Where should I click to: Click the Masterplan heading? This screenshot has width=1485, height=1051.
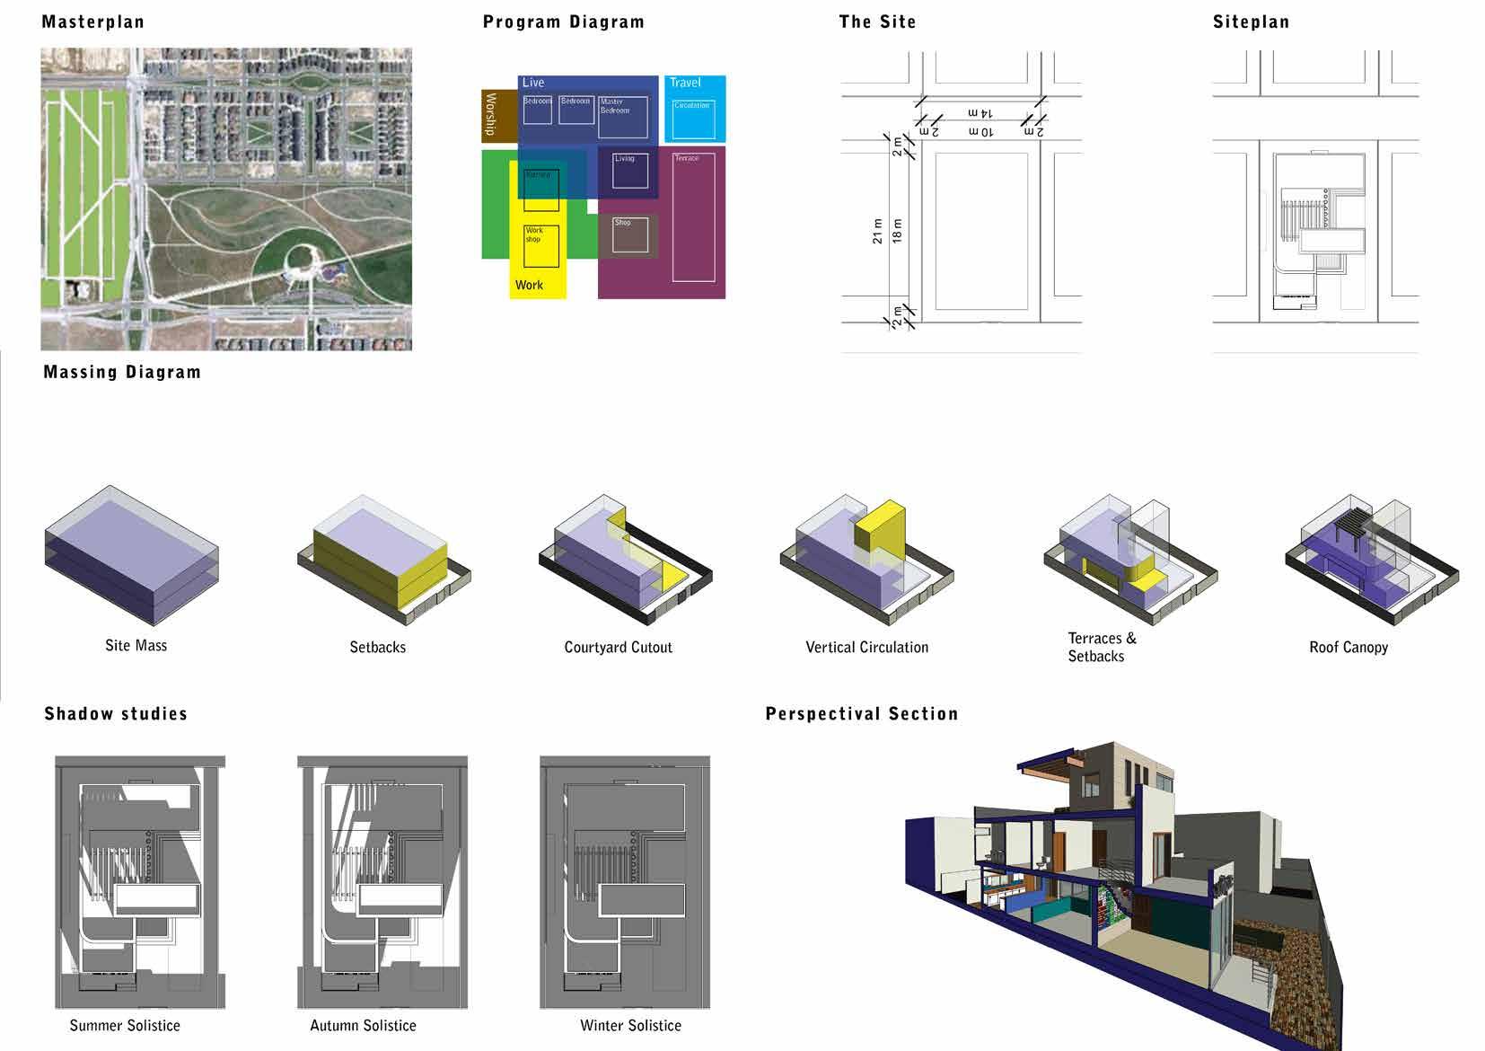click(x=92, y=22)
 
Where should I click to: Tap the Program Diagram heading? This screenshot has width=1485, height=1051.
click(x=563, y=22)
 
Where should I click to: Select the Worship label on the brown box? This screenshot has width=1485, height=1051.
click(x=490, y=114)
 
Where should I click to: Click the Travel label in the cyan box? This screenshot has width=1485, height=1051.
click(x=685, y=83)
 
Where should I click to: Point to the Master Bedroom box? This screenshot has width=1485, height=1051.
click(x=622, y=117)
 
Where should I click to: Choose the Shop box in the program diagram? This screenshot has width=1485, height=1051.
click(x=629, y=234)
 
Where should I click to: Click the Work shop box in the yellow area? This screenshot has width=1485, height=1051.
click(x=541, y=245)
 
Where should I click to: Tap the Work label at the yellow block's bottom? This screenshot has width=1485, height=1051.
click(x=529, y=286)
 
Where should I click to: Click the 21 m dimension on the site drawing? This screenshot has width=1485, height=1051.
click(x=877, y=232)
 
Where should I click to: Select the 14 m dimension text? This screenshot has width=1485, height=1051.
click(x=980, y=113)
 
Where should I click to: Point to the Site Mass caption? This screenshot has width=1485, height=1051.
click(x=136, y=646)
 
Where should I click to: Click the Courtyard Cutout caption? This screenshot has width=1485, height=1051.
click(x=618, y=648)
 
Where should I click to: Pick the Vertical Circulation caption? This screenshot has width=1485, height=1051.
click(x=866, y=648)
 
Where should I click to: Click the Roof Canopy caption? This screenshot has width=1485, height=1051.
click(x=1348, y=648)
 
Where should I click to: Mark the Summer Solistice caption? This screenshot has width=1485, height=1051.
click(x=125, y=1026)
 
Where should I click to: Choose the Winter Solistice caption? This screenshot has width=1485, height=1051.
click(x=630, y=1026)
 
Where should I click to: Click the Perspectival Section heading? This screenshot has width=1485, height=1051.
click(x=861, y=714)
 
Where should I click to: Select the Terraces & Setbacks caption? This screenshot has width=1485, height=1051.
click(x=1101, y=648)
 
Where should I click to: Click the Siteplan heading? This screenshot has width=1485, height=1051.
click(x=1250, y=22)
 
